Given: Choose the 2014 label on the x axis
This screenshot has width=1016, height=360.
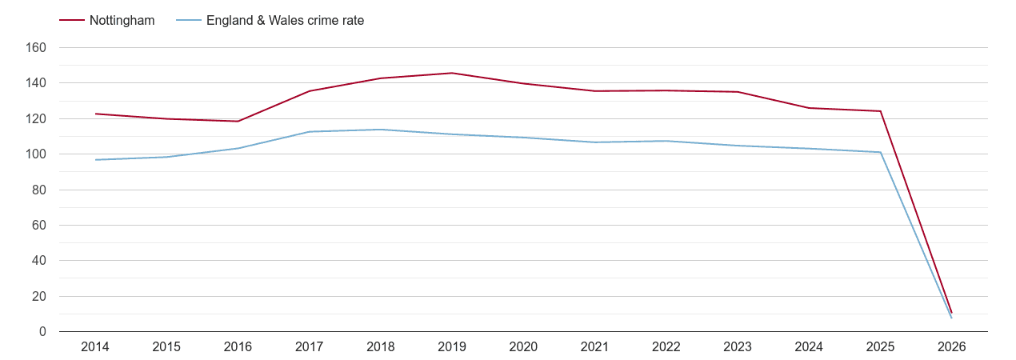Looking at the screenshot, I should click(95, 347).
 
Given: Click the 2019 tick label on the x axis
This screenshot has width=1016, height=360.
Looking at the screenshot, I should click(452, 347).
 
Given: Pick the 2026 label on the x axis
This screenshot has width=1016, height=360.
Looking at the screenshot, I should click(951, 347).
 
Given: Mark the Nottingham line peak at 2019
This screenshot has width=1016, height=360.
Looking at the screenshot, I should click(452, 73).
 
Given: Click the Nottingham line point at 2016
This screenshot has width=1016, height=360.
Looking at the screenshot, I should click(238, 122).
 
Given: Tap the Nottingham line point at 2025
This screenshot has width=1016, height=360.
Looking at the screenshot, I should click(880, 111).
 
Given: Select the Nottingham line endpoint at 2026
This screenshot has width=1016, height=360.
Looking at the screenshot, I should click(951, 312).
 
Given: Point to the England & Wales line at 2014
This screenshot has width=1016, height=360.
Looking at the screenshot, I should click(95, 160).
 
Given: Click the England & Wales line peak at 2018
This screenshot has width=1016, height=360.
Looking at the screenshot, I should click(381, 130).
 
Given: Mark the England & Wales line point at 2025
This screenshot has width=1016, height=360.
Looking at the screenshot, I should click(880, 152).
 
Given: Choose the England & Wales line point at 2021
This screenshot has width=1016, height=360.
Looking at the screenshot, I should click(594, 142).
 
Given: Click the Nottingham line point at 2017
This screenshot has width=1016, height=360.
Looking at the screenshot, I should click(309, 91).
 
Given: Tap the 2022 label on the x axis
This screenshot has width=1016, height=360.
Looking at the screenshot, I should click(666, 347).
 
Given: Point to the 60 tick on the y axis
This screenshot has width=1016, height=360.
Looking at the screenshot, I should click(38, 226).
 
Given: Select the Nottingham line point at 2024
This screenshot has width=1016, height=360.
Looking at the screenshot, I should click(809, 108).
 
